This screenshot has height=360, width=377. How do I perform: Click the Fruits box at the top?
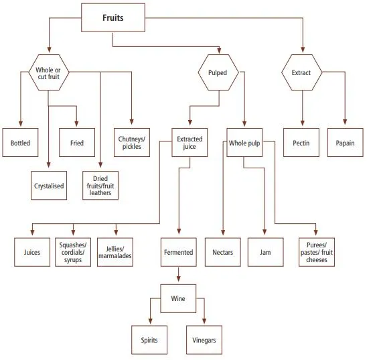tap(112, 18)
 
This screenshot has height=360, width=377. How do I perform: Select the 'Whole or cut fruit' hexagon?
tap(48, 74)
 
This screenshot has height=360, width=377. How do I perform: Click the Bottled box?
tap(20, 143)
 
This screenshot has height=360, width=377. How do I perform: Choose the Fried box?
tap(76, 143)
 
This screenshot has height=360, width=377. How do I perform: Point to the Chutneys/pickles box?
tap(132, 143)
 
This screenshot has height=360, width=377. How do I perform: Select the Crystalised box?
tap(49, 186)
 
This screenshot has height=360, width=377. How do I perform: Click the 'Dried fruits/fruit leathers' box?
tap(100, 186)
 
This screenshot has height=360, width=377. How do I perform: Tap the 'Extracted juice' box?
tap(190, 143)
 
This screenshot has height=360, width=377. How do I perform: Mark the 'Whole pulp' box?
tap(244, 143)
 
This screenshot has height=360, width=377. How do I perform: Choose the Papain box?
tap(345, 143)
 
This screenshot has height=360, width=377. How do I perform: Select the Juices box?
tap(31, 252)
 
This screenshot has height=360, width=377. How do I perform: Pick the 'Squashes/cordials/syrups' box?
tap(72, 252)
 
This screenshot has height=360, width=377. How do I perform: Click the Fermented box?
tap(178, 252)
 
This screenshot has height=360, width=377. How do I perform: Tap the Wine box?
tap(177, 298)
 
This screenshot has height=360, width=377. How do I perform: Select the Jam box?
tap(265, 252)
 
